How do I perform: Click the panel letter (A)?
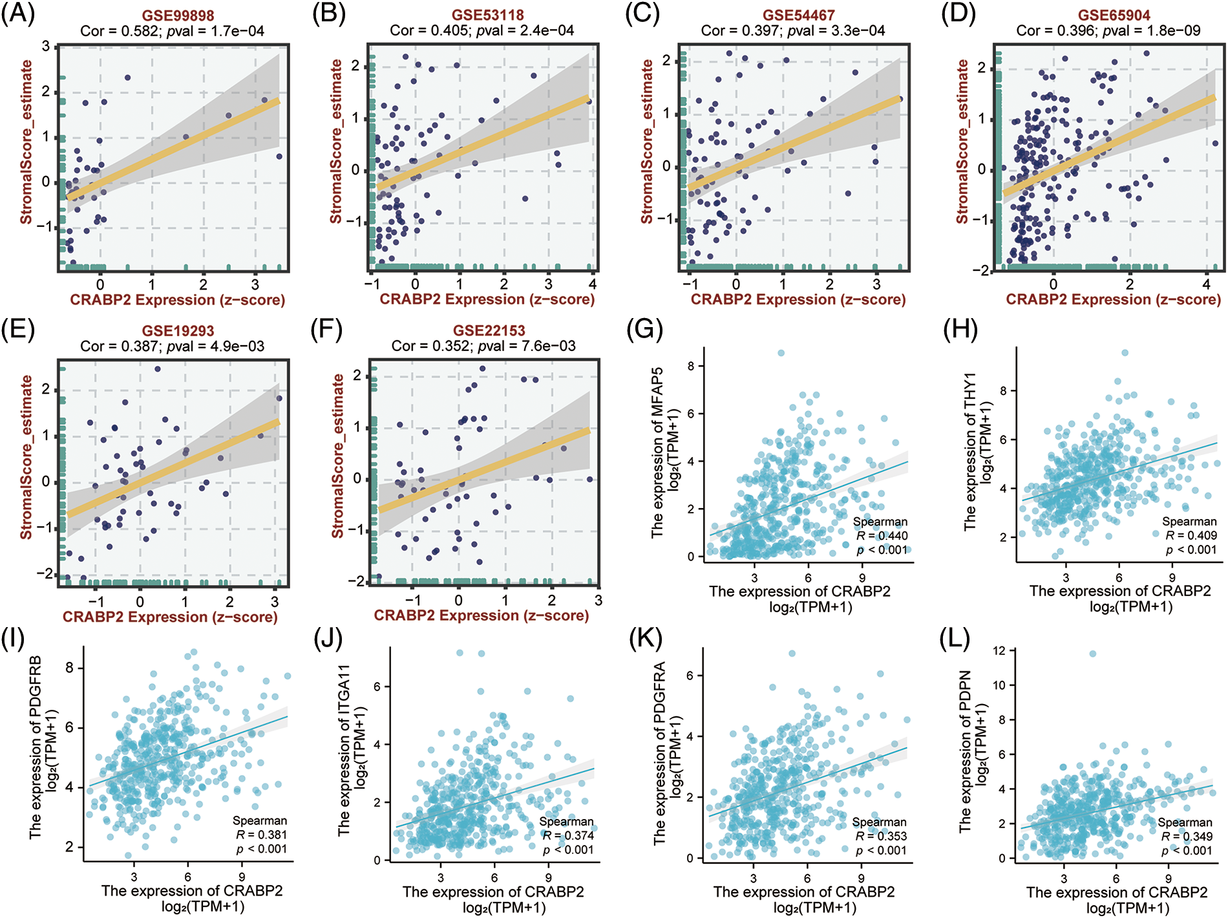point(17,14)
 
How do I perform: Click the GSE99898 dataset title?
point(178,15)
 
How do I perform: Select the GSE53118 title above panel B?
point(488,15)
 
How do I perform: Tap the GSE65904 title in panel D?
point(1114,15)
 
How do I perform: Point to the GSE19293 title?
point(178,331)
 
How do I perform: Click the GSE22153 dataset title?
point(489,330)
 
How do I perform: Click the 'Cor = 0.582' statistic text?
point(119,30)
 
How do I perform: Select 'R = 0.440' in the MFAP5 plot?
point(882,536)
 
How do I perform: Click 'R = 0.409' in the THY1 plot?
point(1191,535)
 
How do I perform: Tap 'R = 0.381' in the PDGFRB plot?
point(261,835)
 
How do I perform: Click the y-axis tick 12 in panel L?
point(999,650)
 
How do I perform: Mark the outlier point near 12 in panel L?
point(1093,654)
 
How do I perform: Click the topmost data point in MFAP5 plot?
point(781,353)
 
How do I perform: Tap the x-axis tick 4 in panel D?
point(1206,284)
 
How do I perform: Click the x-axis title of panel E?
point(170,617)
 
